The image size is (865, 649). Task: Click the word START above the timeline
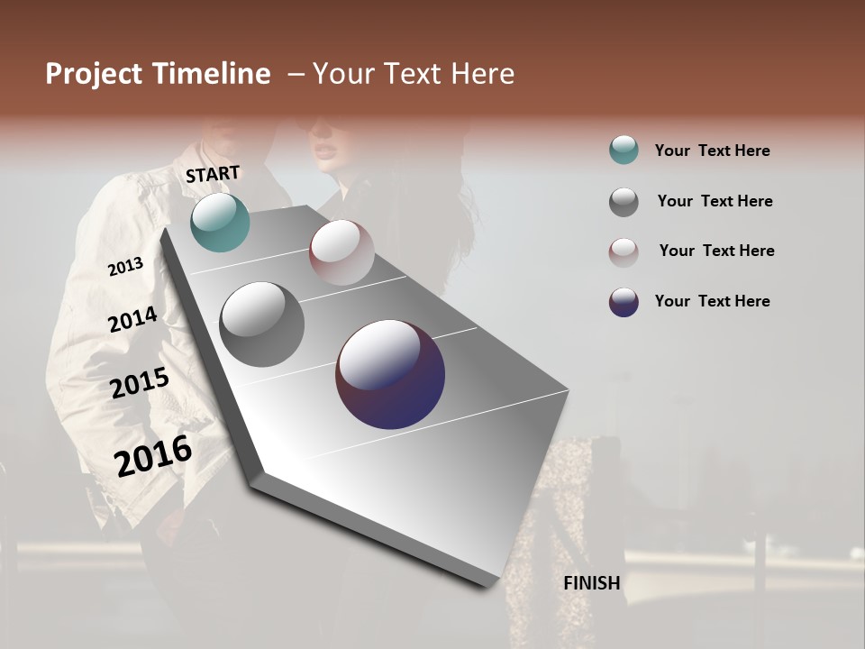point(213,173)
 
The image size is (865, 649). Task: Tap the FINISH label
point(591,583)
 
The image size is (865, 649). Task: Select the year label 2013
point(126,266)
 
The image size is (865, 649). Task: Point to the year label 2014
point(132,319)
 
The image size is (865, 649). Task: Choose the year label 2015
point(140,383)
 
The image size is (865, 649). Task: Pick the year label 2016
point(153,455)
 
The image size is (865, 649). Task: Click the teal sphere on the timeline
point(220,222)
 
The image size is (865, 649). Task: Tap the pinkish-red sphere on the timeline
point(341,252)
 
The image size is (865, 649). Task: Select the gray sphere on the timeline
point(262,324)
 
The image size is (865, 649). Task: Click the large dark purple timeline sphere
point(390,374)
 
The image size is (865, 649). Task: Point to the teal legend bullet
point(624,151)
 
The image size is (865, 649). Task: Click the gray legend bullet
point(624,202)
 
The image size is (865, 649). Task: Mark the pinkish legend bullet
point(624,251)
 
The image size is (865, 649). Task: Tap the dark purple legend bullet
point(624,302)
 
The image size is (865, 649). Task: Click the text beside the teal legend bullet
point(712,151)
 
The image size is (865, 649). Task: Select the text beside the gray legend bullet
point(715,201)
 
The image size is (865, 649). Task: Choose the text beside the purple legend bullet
point(712,301)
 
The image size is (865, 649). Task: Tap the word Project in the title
point(94,74)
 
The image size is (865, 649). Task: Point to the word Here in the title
point(482,74)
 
